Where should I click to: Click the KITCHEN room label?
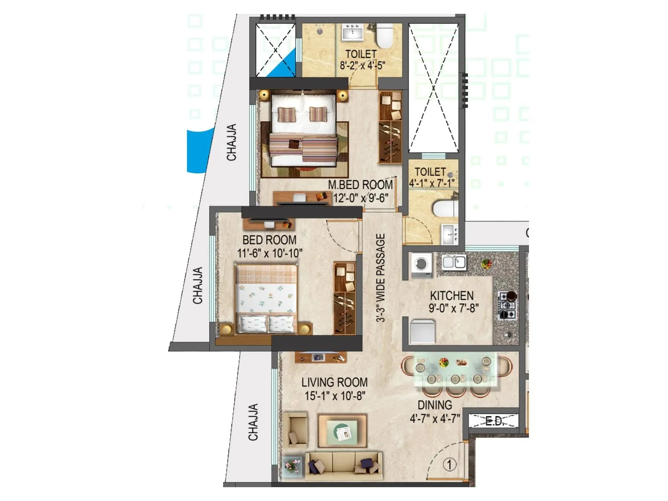click(x=452, y=296)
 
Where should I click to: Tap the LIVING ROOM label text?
click(x=334, y=382)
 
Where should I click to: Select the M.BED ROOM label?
click(x=360, y=185)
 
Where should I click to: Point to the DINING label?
click(x=435, y=405)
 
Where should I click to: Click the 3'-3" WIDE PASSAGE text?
click(x=380, y=278)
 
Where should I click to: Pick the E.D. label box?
click(x=493, y=421)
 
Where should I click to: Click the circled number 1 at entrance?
click(x=449, y=464)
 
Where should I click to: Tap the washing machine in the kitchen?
click(x=422, y=265)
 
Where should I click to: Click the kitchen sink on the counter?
click(x=454, y=262)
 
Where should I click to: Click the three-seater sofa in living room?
click(x=343, y=466)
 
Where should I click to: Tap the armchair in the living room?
click(x=298, y=430)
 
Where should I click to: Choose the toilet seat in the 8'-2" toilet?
click(x=385, y=36)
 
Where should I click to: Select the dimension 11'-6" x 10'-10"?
click(x=270, y=253)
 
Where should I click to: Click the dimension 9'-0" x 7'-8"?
click(x=453, y=308)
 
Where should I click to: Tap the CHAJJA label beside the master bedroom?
click(x=231, y=142)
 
